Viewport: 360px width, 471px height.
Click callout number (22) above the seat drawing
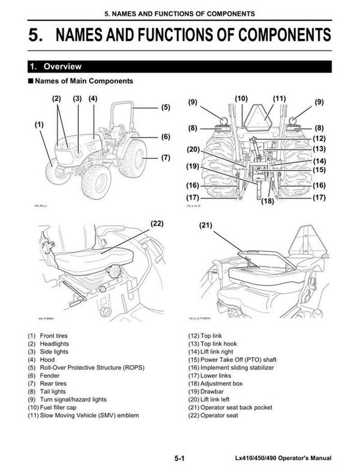(157, 224)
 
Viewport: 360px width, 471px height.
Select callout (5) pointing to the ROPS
(166, 107)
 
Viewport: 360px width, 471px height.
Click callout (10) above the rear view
(241, 98)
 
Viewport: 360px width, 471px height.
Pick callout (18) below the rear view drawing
(268, 201)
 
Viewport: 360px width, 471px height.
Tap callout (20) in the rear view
(193, 149)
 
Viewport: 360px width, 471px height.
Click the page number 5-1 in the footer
(179, 458)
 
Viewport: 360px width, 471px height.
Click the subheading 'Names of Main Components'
(84, 80)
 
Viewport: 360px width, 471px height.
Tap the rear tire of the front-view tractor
(133, 158)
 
